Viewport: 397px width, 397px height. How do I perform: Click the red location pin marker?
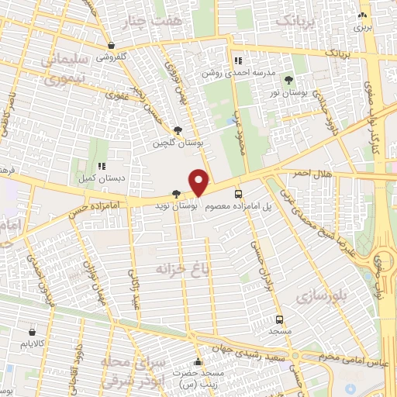[x=199, y=181]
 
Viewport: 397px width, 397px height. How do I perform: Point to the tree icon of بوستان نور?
[x=289, y=79]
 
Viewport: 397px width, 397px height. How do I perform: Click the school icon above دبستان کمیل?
[x=102, y=165]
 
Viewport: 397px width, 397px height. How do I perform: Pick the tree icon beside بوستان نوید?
[x=178, y=194]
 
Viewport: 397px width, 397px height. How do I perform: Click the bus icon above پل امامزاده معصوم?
[x=238, y=194]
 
